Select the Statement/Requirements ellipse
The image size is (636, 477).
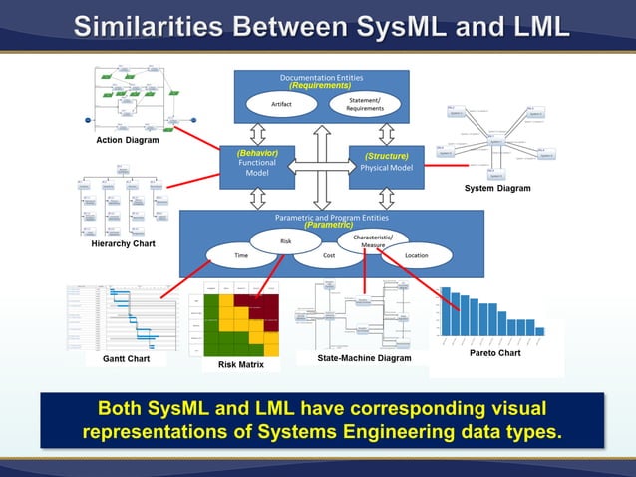365,104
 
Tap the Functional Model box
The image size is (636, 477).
257,168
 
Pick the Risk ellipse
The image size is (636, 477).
285,240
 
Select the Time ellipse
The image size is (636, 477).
241,256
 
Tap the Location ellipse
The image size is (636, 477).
417,256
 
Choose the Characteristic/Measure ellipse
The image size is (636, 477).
373,240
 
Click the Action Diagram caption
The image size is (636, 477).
127,140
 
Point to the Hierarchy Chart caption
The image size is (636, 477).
123,243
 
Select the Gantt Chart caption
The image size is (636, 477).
125,358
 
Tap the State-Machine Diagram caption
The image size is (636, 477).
364,357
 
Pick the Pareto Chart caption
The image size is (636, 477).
494,353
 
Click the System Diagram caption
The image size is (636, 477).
497,188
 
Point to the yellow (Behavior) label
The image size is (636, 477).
257,153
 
